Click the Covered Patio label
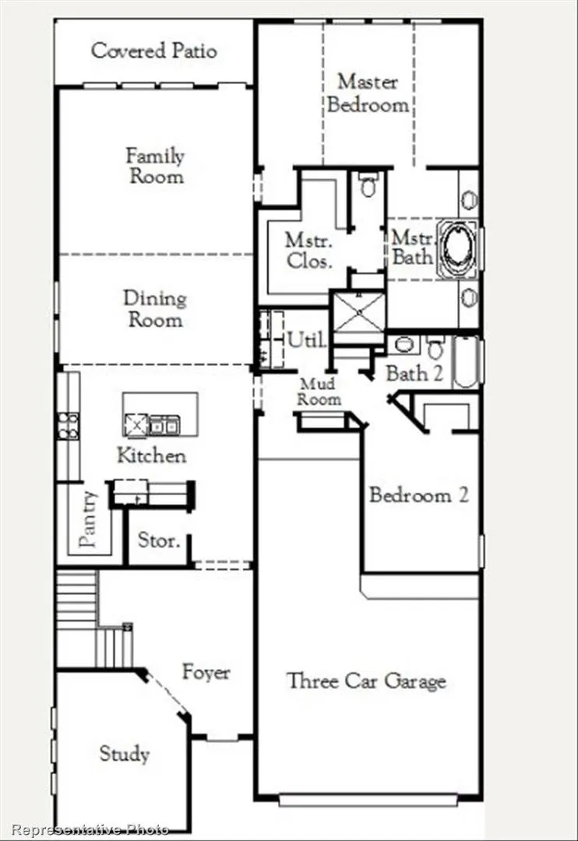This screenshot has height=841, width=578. tap(153, 51)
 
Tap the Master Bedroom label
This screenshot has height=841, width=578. tap(368, 93)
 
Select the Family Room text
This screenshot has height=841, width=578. tap(156, 165)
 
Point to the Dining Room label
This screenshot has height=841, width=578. tap(155, 308)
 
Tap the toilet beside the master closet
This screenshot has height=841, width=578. tap(368, 186)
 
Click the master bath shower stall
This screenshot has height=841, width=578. tap(358, 317)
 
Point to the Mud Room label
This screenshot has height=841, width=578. tap(320, 391)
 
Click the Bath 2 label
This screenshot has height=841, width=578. tap(414, 373)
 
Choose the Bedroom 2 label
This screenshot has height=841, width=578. tap(419, 494)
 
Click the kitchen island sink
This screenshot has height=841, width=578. tap(164, 424)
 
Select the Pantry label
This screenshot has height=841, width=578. tap(89, 519)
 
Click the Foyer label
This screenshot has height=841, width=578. tap(206, 671)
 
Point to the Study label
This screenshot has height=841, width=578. tap(124, 753)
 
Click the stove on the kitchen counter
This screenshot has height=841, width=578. tap(68, 425)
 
